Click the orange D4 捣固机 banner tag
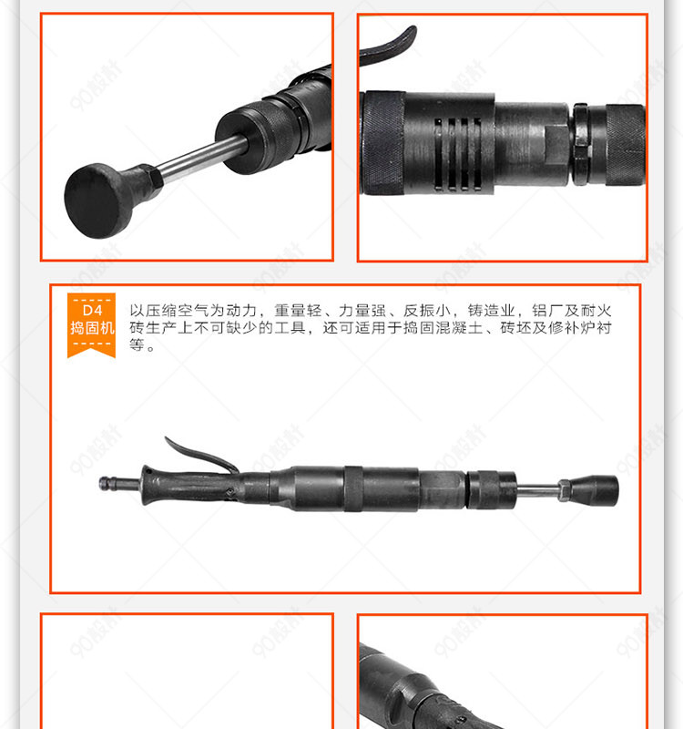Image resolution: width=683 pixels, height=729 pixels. (x=92, y=324)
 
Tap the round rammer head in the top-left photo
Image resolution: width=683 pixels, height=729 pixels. (x=95, y=200)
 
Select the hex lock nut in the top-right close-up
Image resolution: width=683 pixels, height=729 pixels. (x=581, y=144)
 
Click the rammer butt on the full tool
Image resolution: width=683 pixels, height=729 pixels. (x=595, y=490)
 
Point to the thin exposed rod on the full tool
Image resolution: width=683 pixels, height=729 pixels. (x=537, y=489)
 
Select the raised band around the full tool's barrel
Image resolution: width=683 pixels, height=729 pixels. (x=353, y=488)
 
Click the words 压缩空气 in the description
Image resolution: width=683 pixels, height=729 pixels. (x=177, y=310)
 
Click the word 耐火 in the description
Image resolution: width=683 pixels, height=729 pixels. (x=596, y=310)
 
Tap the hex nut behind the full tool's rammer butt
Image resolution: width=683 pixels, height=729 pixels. (x=564, y=490)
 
